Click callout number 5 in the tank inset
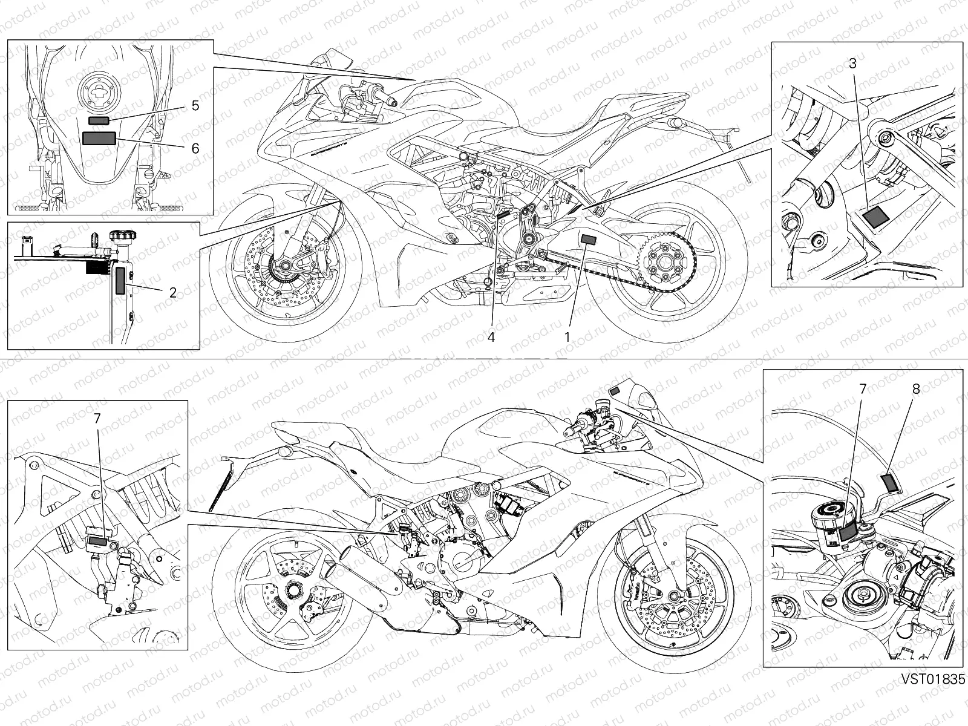[195, 106]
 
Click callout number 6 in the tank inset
[195, 148]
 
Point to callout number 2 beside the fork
[173, 292]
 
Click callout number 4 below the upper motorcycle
[491, 337]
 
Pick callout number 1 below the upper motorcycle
[567, 337]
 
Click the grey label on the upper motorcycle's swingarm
[588, 240]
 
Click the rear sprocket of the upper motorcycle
[664, 261]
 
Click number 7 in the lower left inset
[97, 417]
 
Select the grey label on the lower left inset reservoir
[99, 541]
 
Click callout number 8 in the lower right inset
[915, 390]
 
